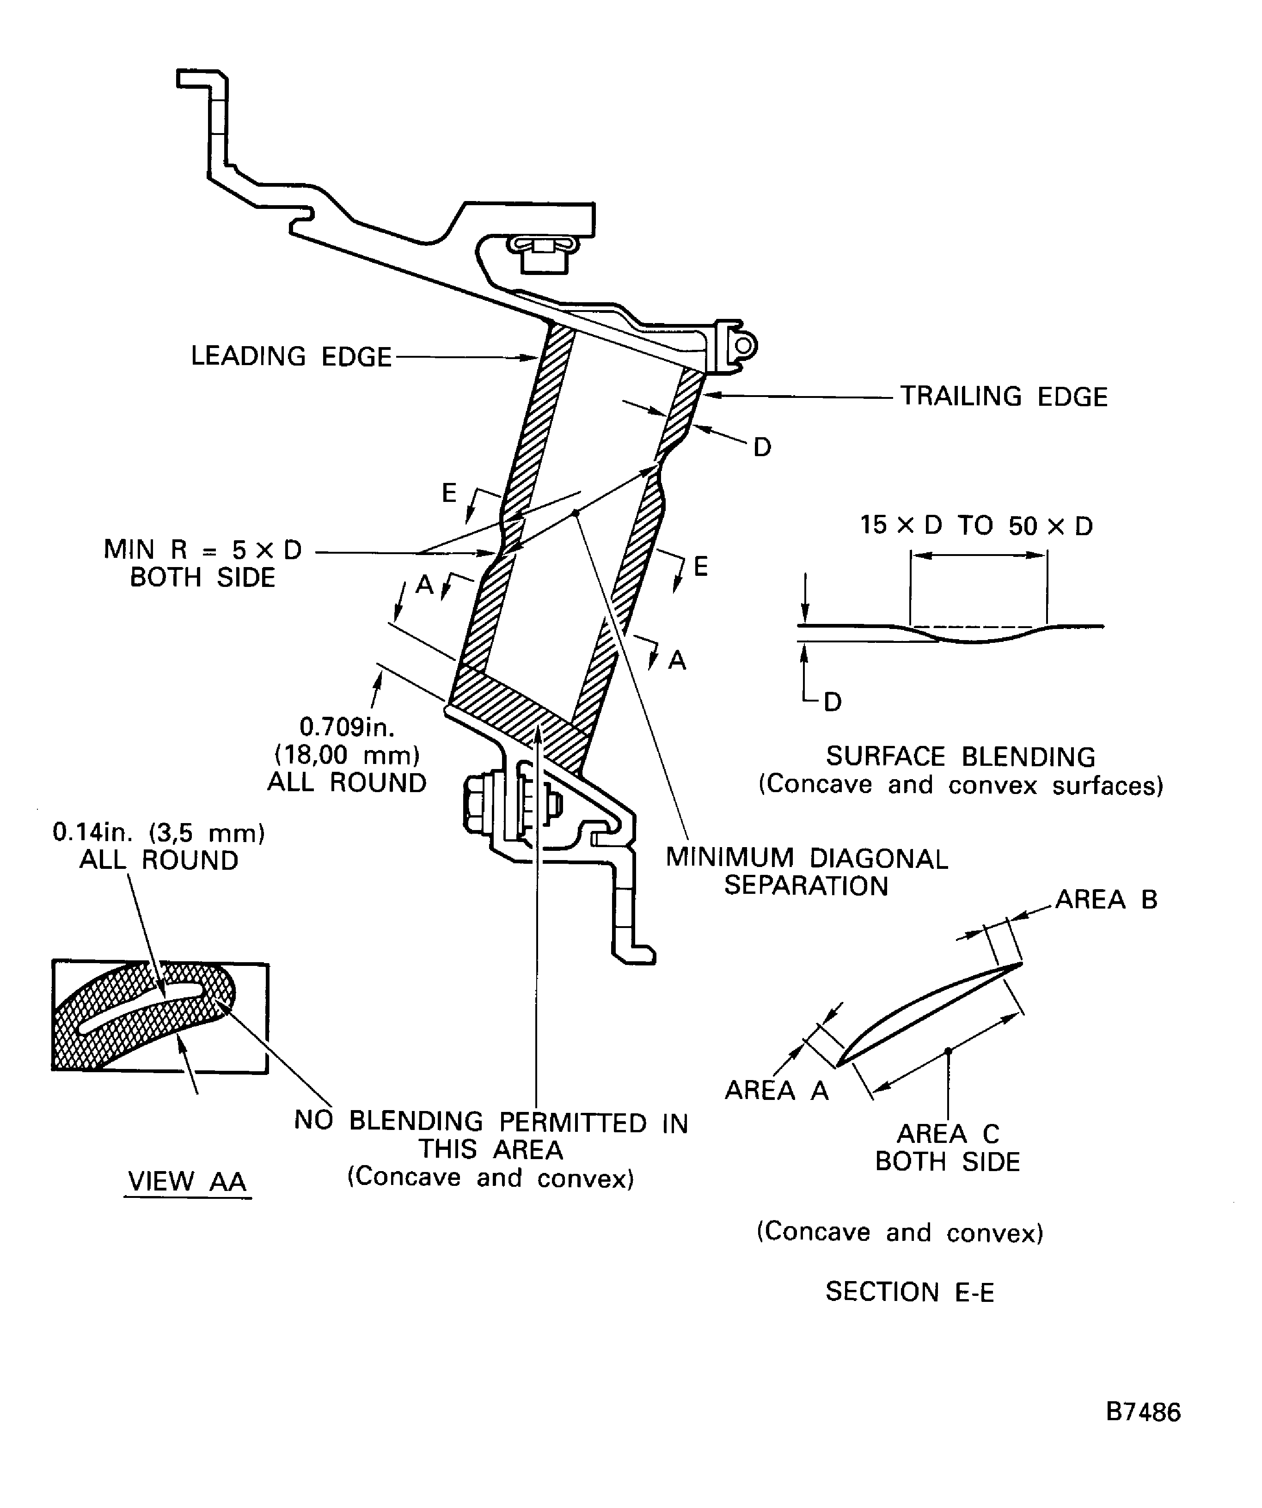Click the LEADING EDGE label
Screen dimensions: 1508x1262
click(291, 357)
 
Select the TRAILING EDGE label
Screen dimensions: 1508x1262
click(1004, 397)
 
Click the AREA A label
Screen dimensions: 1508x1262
click(777, 1090)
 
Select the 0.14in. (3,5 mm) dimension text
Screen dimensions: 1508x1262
click(159, 833)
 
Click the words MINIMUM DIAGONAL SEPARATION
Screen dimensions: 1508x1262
click(806, 872)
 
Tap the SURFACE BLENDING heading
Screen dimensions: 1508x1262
click(960, 757)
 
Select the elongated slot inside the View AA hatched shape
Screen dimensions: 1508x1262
click(144, 1009)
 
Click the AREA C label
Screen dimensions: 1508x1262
click(947, 1134)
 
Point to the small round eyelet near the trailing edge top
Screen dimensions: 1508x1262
click(744, 346)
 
